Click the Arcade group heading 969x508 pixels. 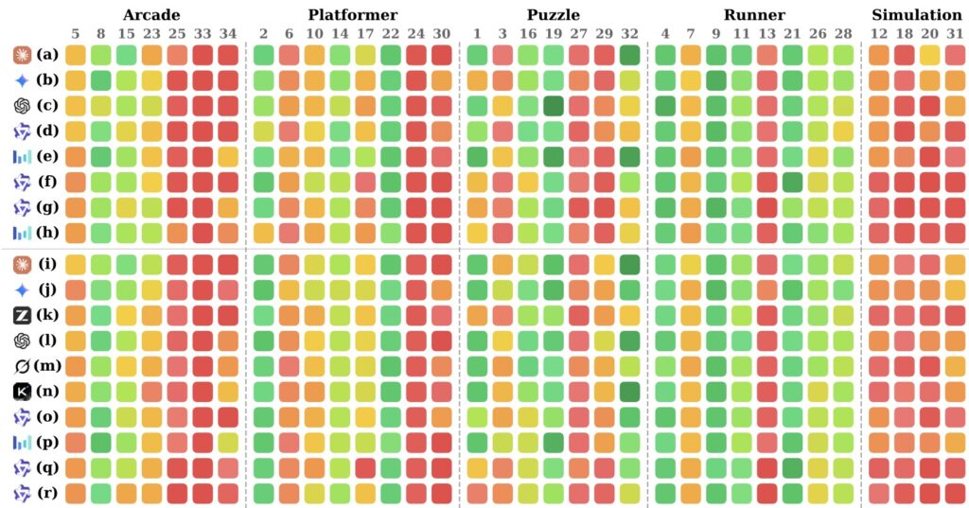coord(151,15)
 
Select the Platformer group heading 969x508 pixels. coord(352,15)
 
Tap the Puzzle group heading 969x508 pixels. coord(553,15)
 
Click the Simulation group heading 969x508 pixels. coord(916,15)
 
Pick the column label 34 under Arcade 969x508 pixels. coord(228,35)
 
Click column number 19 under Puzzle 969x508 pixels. coord(553,35)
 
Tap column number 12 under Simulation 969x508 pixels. coord(878,35)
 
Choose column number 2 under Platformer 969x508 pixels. coord(263,35)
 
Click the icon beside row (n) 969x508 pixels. coord(24,390)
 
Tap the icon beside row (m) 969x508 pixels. coord(22,364)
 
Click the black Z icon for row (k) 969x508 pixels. coord(24,313)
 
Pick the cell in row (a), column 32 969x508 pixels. coord(628,55)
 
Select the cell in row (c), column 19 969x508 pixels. coord(553,106)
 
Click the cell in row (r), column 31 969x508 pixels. coord(955,492)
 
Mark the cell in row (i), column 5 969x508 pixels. coord(76,265)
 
